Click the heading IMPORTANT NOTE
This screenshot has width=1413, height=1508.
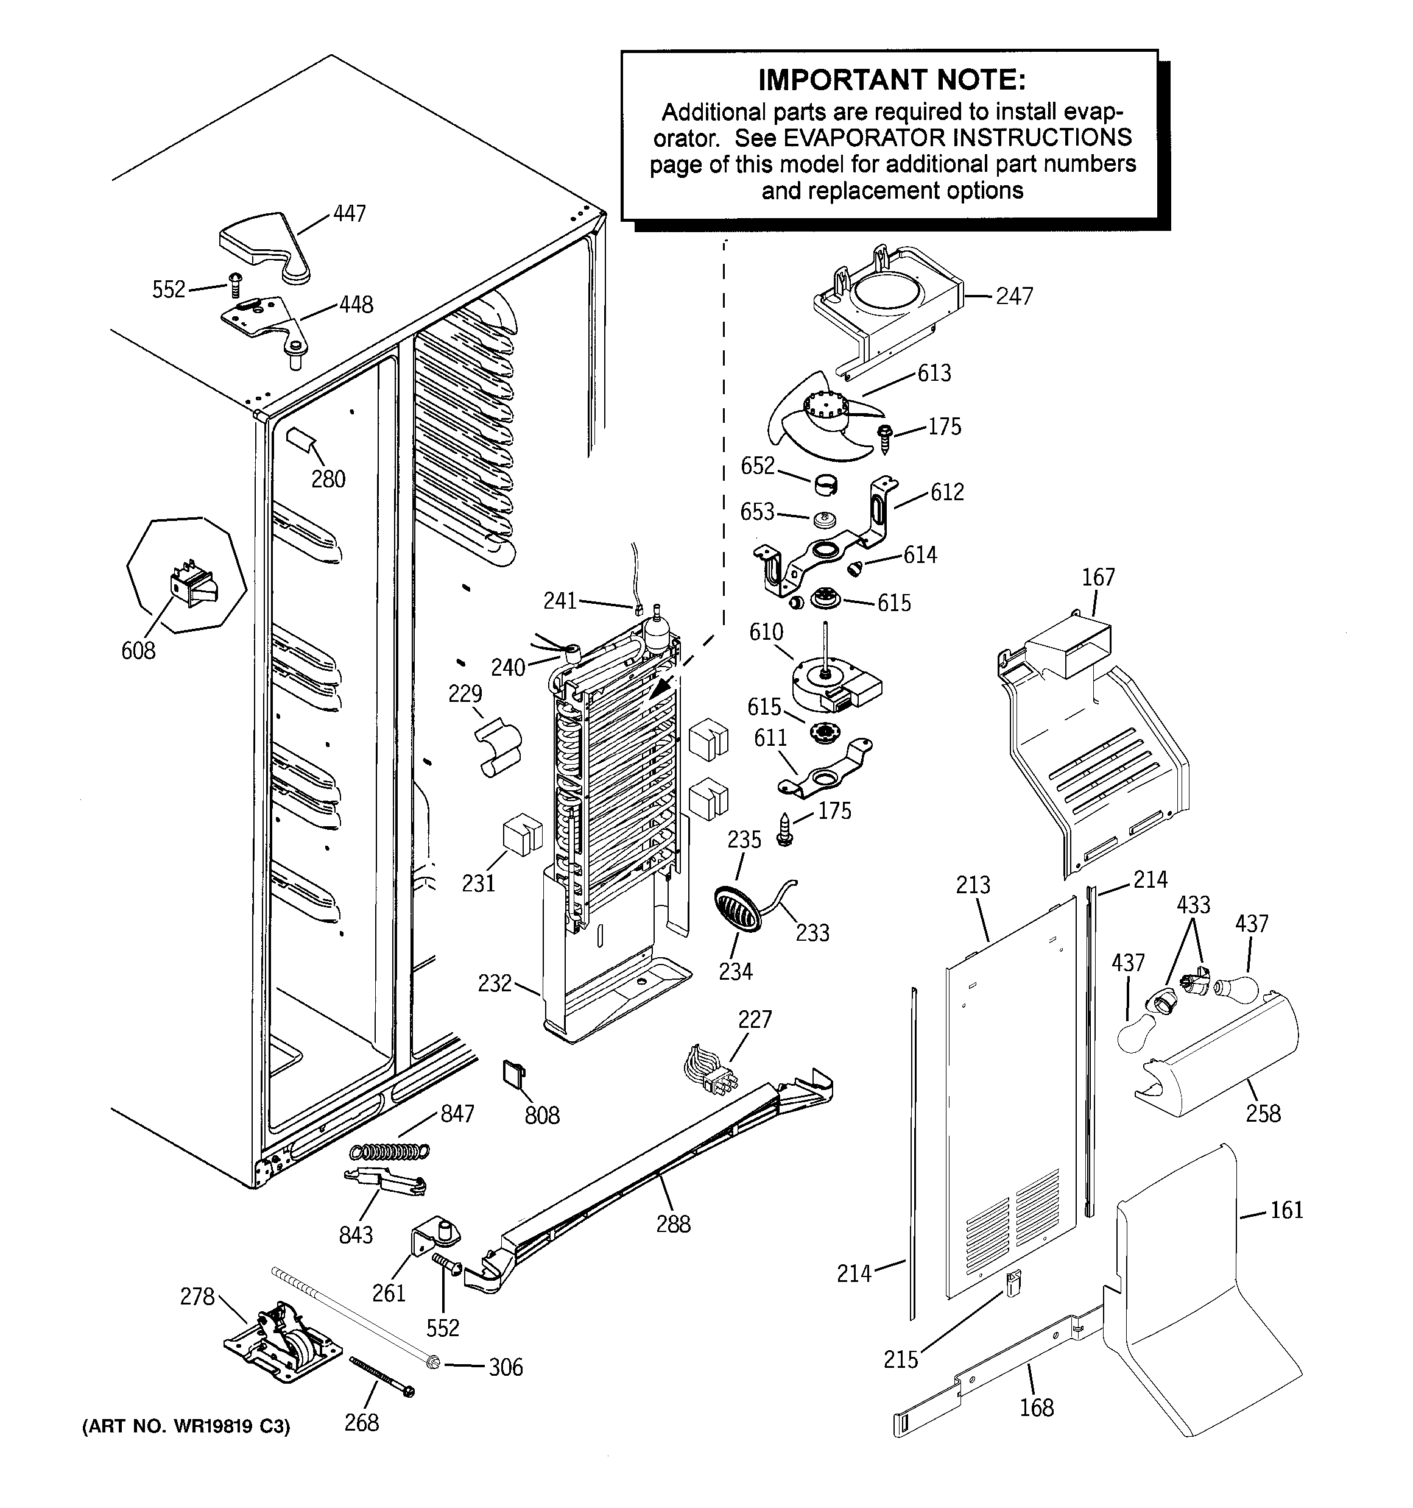[891, 80]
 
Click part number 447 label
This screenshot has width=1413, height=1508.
[350, 214]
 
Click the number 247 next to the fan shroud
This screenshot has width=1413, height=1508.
[1014, 296]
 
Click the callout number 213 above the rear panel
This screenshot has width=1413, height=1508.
[973, 885]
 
